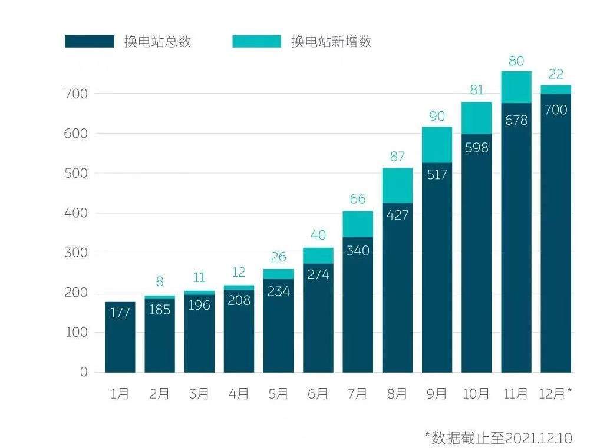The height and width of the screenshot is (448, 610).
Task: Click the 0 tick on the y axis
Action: pos(83,372)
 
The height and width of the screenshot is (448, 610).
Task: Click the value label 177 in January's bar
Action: pos(120,313)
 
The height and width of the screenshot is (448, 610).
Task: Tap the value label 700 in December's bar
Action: pos(555,109)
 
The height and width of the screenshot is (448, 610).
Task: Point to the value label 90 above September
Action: pos(437,117)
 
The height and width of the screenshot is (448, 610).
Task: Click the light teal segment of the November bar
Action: pos(516,87)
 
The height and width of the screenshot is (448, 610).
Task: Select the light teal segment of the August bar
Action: pos(397,185)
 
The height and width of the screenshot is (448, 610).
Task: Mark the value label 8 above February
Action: pos(159,281)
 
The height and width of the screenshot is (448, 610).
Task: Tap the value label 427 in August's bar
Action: pos(397,215)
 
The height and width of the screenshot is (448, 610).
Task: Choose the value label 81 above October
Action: pos(476,91)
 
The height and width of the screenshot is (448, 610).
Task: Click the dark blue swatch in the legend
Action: pos(89,42)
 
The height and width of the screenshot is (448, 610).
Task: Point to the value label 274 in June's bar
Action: pos(318,274)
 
